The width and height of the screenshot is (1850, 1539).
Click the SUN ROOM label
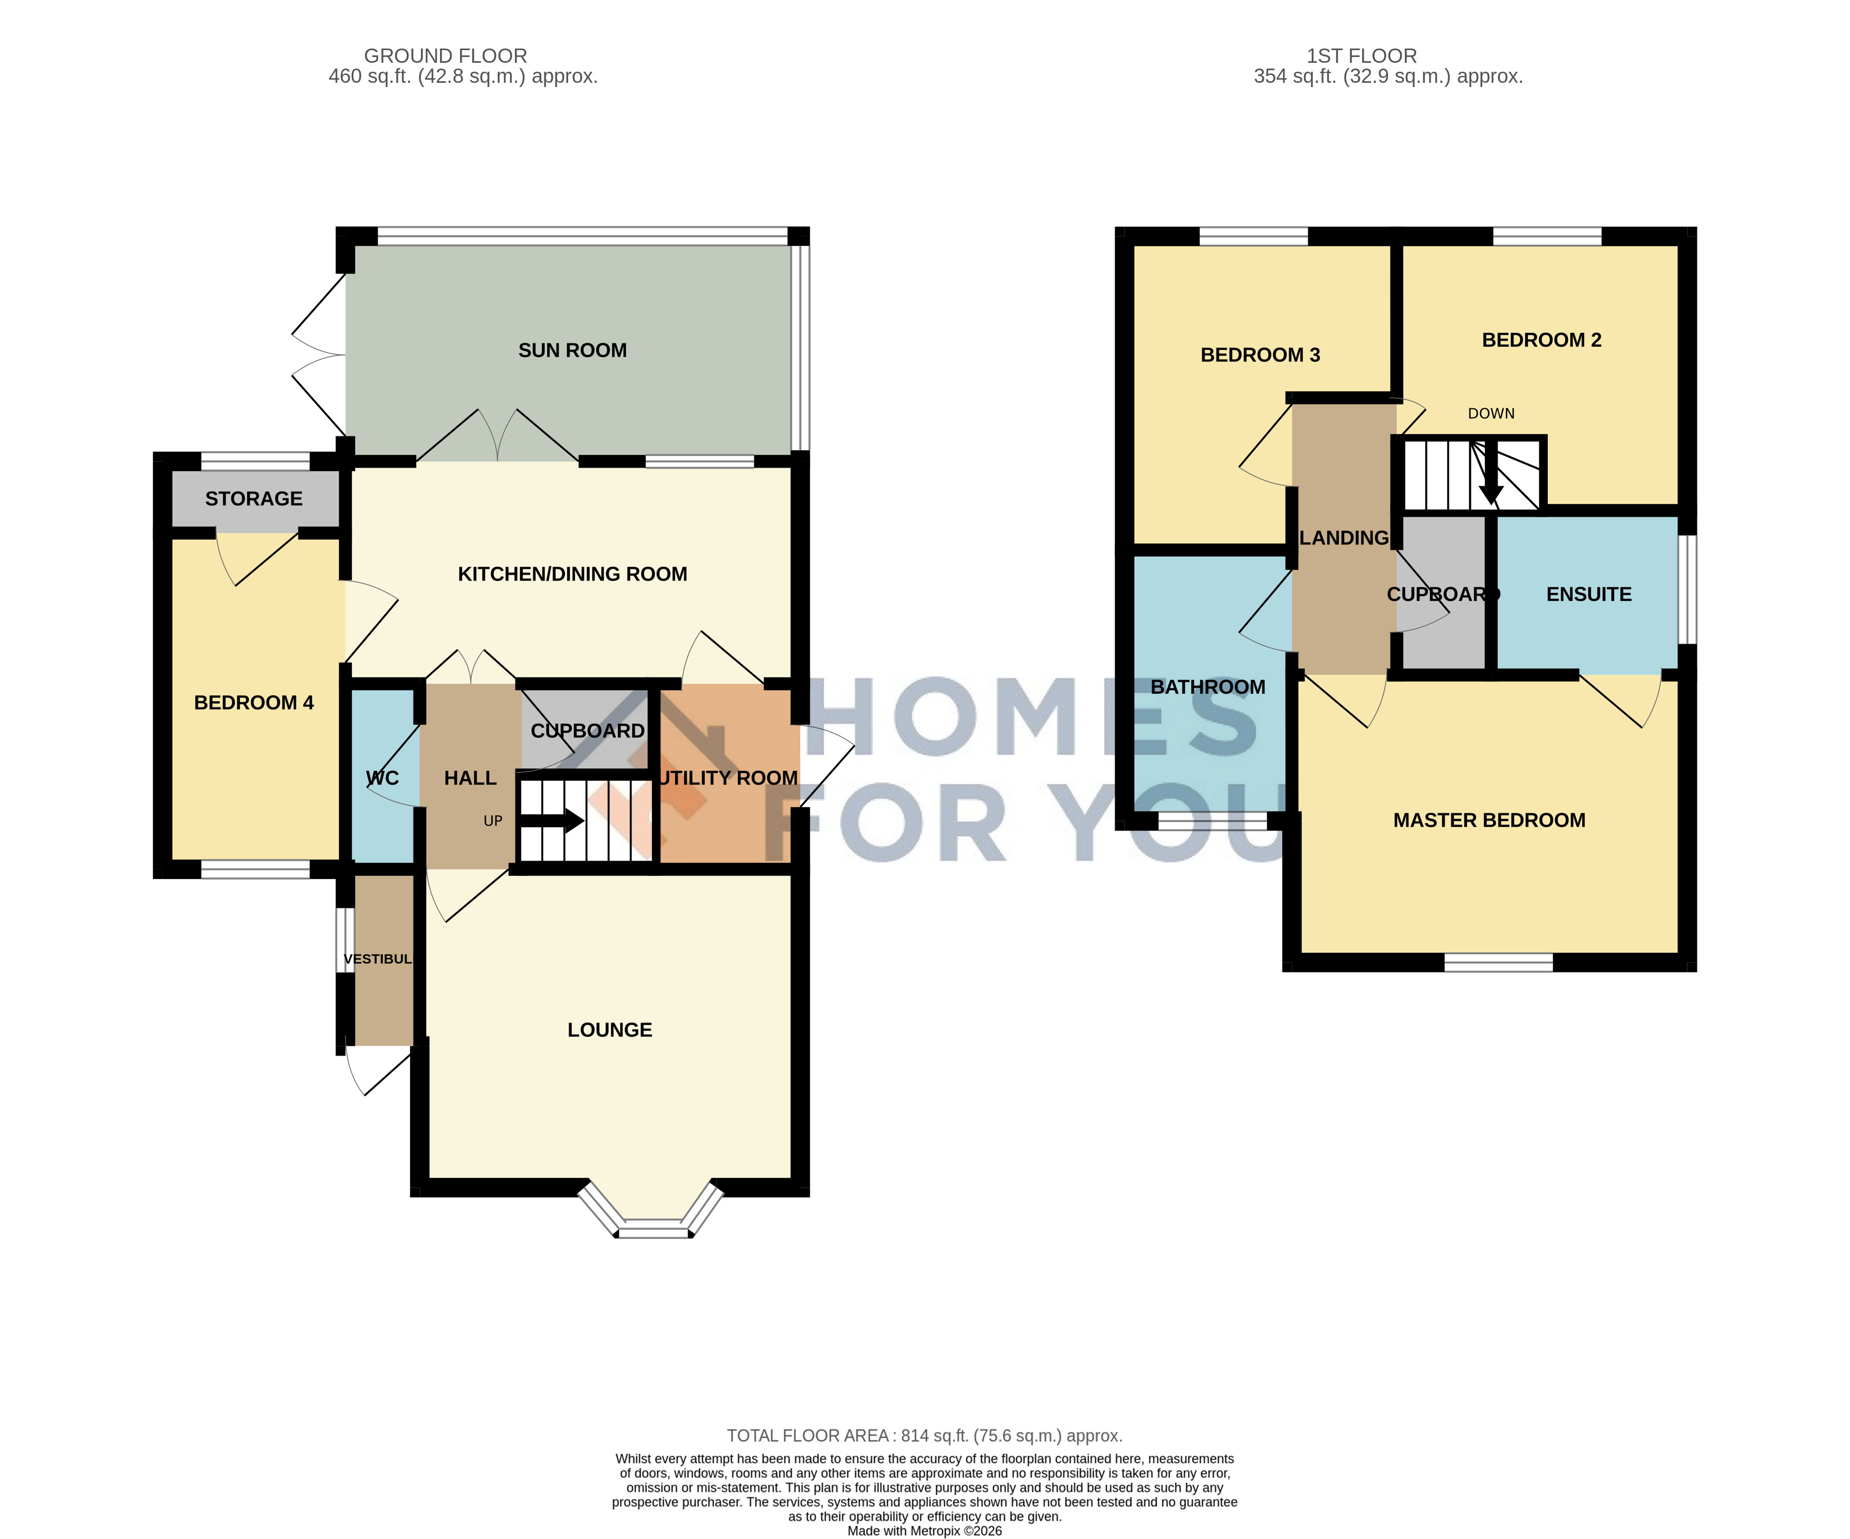pos(573,351)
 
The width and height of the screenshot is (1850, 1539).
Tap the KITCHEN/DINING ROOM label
pos(573,575)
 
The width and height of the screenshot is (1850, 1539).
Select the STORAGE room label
pos(254,499)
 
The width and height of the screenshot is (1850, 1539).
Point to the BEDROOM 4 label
pos(254,703)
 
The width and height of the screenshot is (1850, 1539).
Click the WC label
pos(382,778)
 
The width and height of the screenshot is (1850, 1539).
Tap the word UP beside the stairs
pos(493,821)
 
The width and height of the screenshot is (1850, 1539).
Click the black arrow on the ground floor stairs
pos(551,821)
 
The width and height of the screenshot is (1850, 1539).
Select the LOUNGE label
pos(610,1030)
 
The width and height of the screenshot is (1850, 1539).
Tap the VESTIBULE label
pos(378,959)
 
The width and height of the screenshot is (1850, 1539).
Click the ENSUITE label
pos(1589,595)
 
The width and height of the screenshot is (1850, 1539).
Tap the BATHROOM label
pos(1208,687)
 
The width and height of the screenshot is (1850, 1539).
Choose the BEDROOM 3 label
pos(1261,355)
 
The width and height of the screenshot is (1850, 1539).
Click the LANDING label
pos(1344,538)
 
